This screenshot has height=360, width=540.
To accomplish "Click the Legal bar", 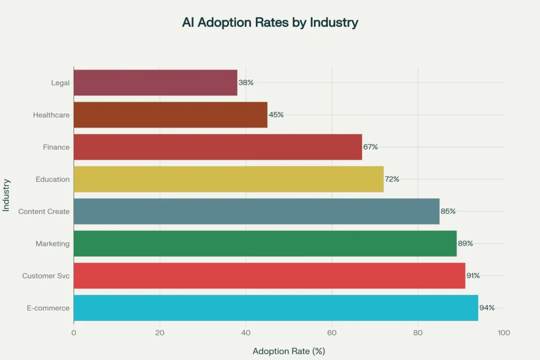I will coord(156,83).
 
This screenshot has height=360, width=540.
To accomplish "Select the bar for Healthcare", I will coord(170,115).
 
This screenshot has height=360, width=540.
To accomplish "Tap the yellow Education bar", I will coord(228,179).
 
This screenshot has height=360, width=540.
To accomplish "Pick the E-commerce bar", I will coord(276,308).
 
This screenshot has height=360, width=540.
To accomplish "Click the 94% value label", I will coord(487,308).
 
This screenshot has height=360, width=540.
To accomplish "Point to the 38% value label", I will coord(246,83).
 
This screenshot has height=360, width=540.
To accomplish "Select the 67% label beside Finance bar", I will coord(371,147).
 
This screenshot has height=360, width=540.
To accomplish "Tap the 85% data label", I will coord(448,211).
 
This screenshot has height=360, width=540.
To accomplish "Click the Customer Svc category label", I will coord(46,276).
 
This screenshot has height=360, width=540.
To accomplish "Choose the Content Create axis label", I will coord(44,211).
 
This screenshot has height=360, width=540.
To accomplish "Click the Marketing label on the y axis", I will coord(53,244).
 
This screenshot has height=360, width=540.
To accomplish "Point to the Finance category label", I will coord(56,147).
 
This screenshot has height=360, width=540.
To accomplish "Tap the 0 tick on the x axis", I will coord(74,333).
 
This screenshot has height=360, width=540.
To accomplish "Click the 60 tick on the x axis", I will coord(332,333).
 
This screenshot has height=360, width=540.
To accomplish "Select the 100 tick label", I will coord(504,333).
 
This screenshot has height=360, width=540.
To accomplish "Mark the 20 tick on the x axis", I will coord(160,333).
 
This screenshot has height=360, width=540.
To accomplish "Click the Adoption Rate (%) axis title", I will coord(288,351).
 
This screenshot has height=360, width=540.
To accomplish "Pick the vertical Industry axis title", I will coord(6,194).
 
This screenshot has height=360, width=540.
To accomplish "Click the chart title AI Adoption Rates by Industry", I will coord(270,23).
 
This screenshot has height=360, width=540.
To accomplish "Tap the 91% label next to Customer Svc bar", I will coord(473,276).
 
